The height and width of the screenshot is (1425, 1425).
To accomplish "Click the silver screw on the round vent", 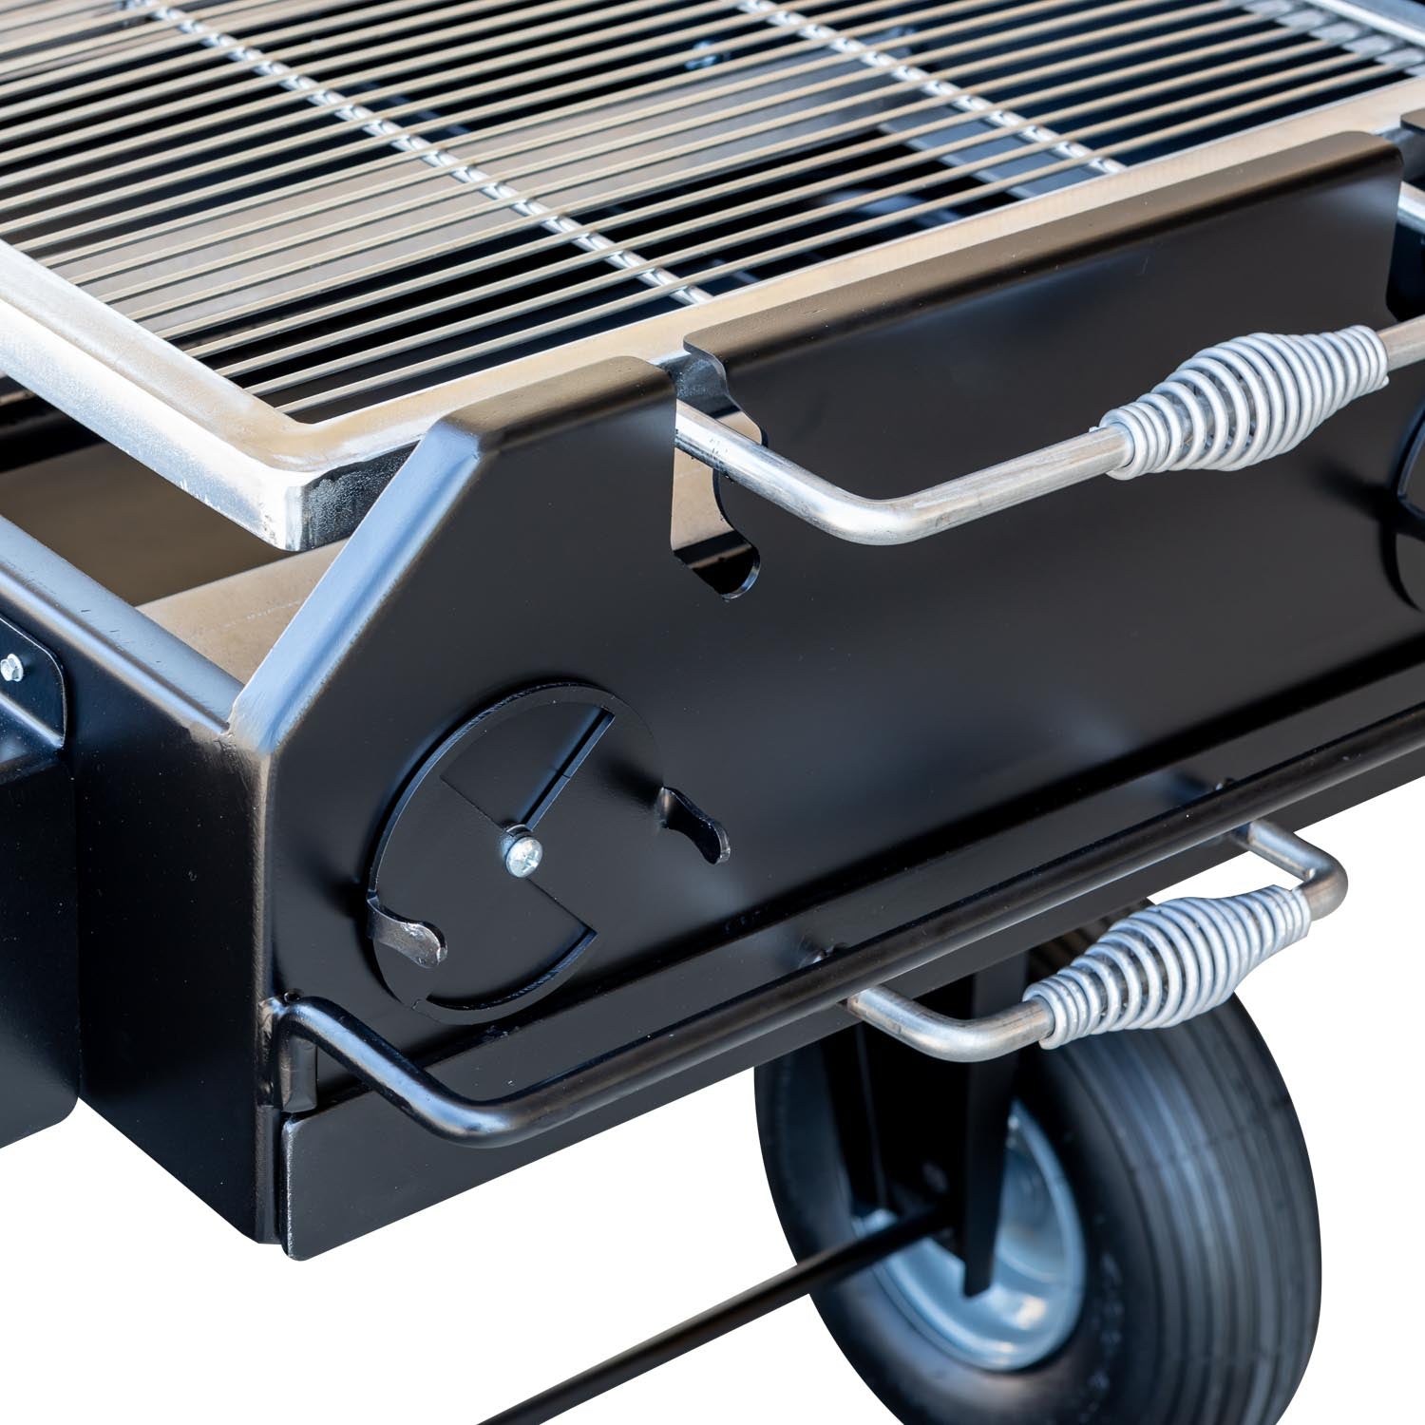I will click(522, 855).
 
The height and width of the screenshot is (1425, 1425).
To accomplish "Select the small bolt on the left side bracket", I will click(11, 668).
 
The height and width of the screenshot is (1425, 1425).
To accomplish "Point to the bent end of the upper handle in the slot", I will click(722, 446).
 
